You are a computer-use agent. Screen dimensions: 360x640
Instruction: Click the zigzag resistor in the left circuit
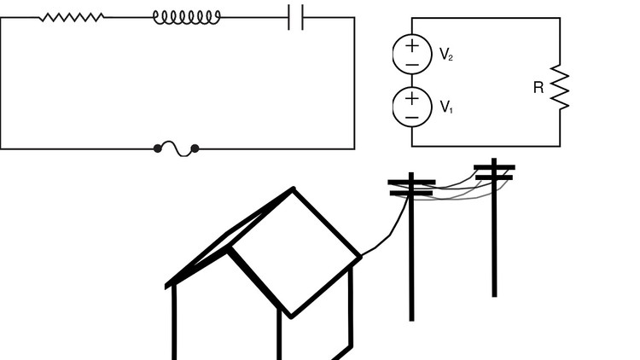(72, 16)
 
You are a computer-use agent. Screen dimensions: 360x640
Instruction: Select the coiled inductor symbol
(186, 16)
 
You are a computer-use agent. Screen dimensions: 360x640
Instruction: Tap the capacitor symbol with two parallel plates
(295, 16)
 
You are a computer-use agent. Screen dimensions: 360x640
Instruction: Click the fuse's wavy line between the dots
(176, 148)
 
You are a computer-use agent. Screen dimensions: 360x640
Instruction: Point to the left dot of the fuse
(158, 148)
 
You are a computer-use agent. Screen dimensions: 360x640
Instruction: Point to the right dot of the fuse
(195, 148)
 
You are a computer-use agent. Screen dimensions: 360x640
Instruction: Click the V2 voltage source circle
(412, 54)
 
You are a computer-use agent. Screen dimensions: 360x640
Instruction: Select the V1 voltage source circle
(412, 106)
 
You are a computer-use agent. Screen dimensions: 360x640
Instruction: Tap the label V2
(445, 55)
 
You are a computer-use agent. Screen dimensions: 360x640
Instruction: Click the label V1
(445, 107)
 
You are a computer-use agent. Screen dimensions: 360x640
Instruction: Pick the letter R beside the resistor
(538, 87)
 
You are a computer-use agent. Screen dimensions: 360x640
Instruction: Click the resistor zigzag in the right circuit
(560, 87)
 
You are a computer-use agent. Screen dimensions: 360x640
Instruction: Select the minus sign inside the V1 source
(412, 116)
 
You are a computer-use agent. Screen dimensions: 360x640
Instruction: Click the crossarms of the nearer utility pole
(411, 187)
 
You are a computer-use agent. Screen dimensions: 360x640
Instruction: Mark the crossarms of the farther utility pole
(494, 171)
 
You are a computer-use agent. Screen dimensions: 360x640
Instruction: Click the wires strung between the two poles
(452, 192)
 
